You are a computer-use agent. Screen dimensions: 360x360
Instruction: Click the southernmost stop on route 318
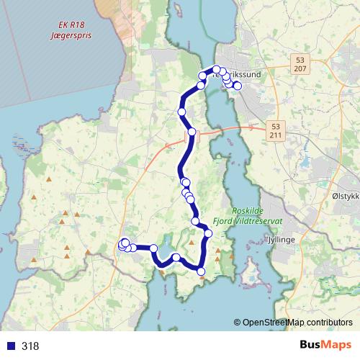pos(201,271)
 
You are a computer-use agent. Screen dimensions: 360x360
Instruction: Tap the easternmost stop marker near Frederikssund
pos(238,86)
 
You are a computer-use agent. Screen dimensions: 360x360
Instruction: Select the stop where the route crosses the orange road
pos(192,132)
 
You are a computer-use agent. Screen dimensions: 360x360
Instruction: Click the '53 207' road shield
pos(300,63)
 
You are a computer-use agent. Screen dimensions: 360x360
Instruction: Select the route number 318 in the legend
pos(30,346)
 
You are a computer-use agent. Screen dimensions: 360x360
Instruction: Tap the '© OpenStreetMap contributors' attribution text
pos(294,323)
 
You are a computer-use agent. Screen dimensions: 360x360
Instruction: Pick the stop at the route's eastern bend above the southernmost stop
pos(208,233)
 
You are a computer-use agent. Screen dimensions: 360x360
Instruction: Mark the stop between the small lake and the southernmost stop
pos(176,258)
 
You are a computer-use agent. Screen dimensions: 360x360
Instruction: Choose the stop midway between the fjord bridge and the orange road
pos(182,112)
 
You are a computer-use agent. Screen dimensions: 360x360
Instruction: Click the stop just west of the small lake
pos(153,248)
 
